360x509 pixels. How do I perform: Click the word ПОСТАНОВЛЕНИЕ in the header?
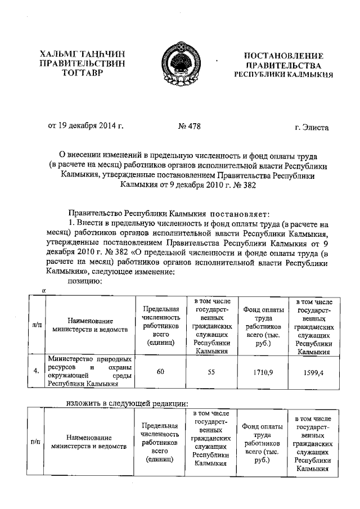(283, 56)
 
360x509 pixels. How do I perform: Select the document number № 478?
(188, 127)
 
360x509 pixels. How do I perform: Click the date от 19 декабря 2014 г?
(86, 127)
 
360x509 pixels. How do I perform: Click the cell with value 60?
(160, 372)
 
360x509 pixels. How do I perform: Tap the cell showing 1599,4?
(313, 372)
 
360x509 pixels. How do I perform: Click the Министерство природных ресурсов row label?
(89, 372)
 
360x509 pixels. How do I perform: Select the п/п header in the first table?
(36, 325)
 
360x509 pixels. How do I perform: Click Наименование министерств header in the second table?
(89, 442)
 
